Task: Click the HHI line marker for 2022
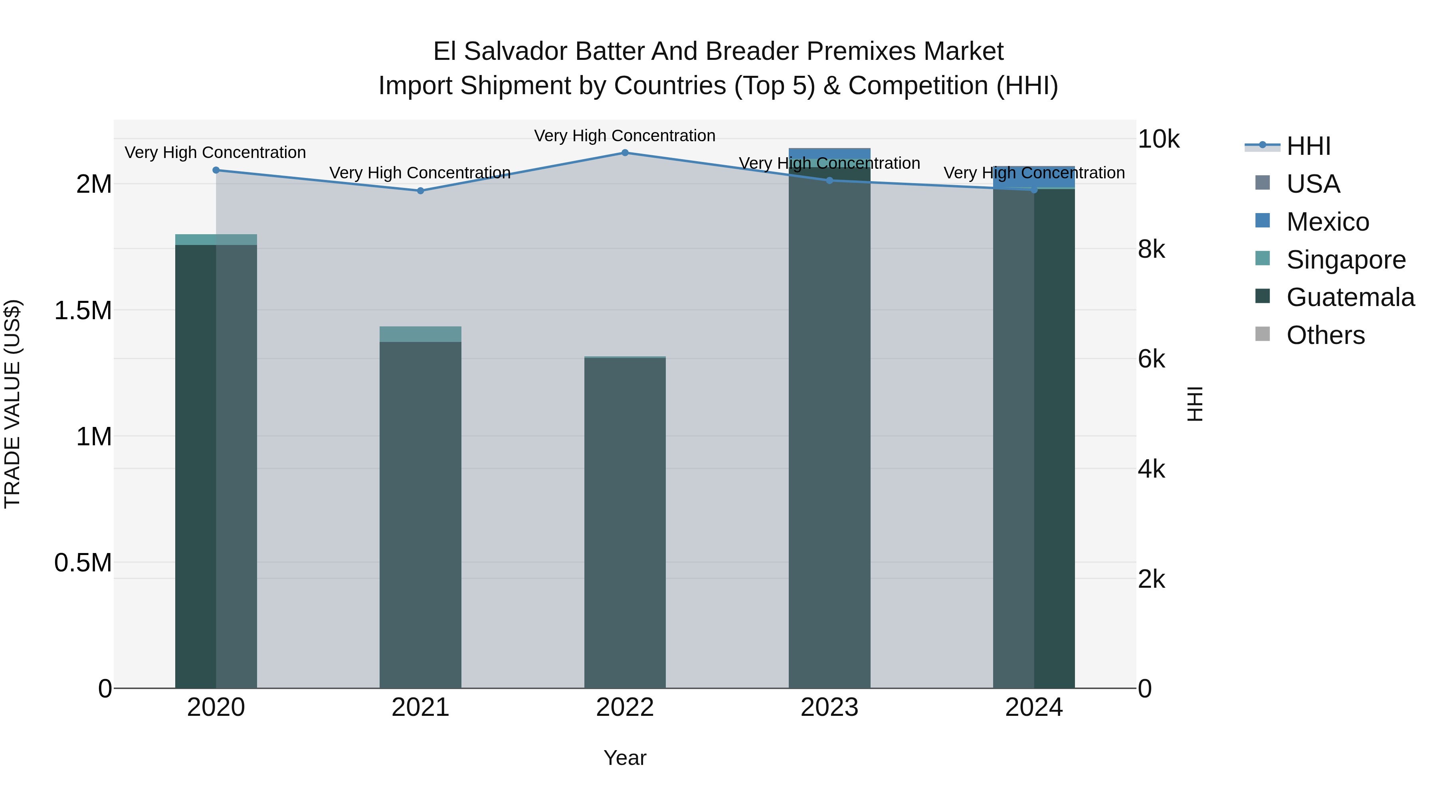(625, 153)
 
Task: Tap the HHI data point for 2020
(216, 170)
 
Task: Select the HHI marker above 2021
(421, 191)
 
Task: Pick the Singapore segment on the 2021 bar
(421, 334)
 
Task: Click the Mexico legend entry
(1327, 222)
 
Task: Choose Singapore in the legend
(1346, 260)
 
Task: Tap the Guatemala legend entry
(1350, 297)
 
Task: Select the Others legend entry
(1325, 335)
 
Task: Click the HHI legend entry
(1308, 146)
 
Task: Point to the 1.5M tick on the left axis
(83, 310)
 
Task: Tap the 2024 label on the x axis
(1034, 707)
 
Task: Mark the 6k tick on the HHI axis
(1151, 360)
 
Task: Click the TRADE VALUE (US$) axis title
(12, 404)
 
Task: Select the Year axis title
(625, 758)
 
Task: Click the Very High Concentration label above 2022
(625, 136)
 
